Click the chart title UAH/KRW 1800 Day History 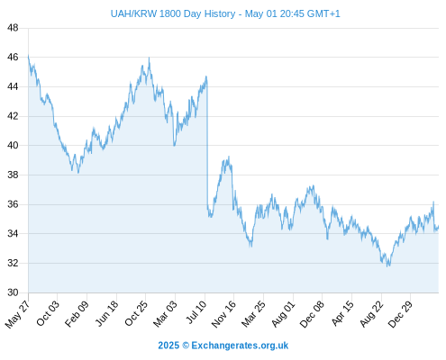tap(173, 13)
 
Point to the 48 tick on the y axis tap(13, 28)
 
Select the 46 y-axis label tap(13, 57)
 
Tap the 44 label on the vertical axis tap(13, 86)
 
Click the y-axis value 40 tap(13, 146)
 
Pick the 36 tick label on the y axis tap(13, 204)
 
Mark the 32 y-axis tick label tap(13, 263)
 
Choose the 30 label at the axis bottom tap(13, 292)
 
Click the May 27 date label tap(17, 314)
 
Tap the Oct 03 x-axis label tap(48, 313)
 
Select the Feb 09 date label tap(77, 313)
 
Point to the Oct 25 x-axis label tap(136, 313)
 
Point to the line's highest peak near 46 tap(150, 58)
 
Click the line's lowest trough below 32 tap(387, 266)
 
